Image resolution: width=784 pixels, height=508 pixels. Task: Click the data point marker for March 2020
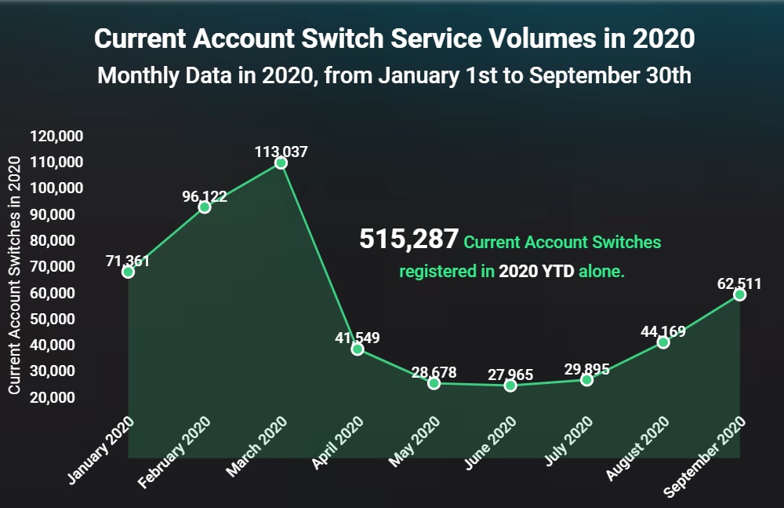(281, 163)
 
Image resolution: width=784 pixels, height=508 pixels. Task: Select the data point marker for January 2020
(128, 272)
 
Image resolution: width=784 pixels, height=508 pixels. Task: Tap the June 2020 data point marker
(510, 385)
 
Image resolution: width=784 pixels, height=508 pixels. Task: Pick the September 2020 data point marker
(739, 294)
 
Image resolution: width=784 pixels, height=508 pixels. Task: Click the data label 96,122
(205, 196)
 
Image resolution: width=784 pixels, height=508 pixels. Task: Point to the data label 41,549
(357, 338)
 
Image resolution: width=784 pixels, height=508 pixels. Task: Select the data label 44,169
(663, 331)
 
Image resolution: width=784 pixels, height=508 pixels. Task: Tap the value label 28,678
(434, 372)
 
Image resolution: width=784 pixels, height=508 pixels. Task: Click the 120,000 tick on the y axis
(56, 136)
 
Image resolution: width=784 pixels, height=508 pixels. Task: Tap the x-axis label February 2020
(175, 452)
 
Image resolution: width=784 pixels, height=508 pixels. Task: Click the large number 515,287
(408, 240)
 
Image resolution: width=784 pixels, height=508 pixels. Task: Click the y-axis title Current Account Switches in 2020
(14, 275)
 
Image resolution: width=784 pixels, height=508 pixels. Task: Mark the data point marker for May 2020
(434, 383)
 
